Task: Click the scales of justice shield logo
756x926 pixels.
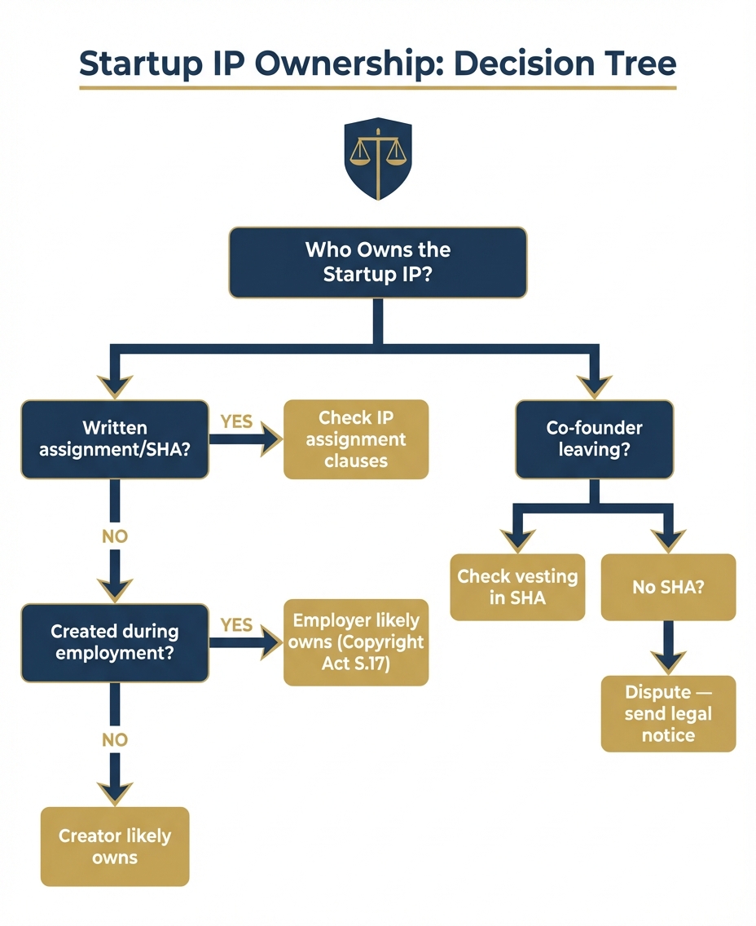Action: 377,158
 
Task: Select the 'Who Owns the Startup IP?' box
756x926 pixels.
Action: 377,262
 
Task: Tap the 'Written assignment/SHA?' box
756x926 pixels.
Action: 114,439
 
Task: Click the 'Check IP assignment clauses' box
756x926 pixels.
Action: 355,439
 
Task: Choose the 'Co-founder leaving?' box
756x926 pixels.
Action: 594,439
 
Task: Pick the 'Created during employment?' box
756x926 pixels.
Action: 114,642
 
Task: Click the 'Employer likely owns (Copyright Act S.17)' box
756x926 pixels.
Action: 355,642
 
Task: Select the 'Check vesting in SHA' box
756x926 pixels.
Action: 517,587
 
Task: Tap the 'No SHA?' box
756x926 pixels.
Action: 668,587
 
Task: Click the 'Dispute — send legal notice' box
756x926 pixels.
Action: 668,713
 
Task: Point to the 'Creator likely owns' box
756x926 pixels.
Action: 115,846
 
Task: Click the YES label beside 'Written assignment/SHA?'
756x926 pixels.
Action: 236,422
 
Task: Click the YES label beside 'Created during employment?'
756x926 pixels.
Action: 236,624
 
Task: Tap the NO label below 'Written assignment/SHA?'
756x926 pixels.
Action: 115,537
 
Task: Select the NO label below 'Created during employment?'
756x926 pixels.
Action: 115,739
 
